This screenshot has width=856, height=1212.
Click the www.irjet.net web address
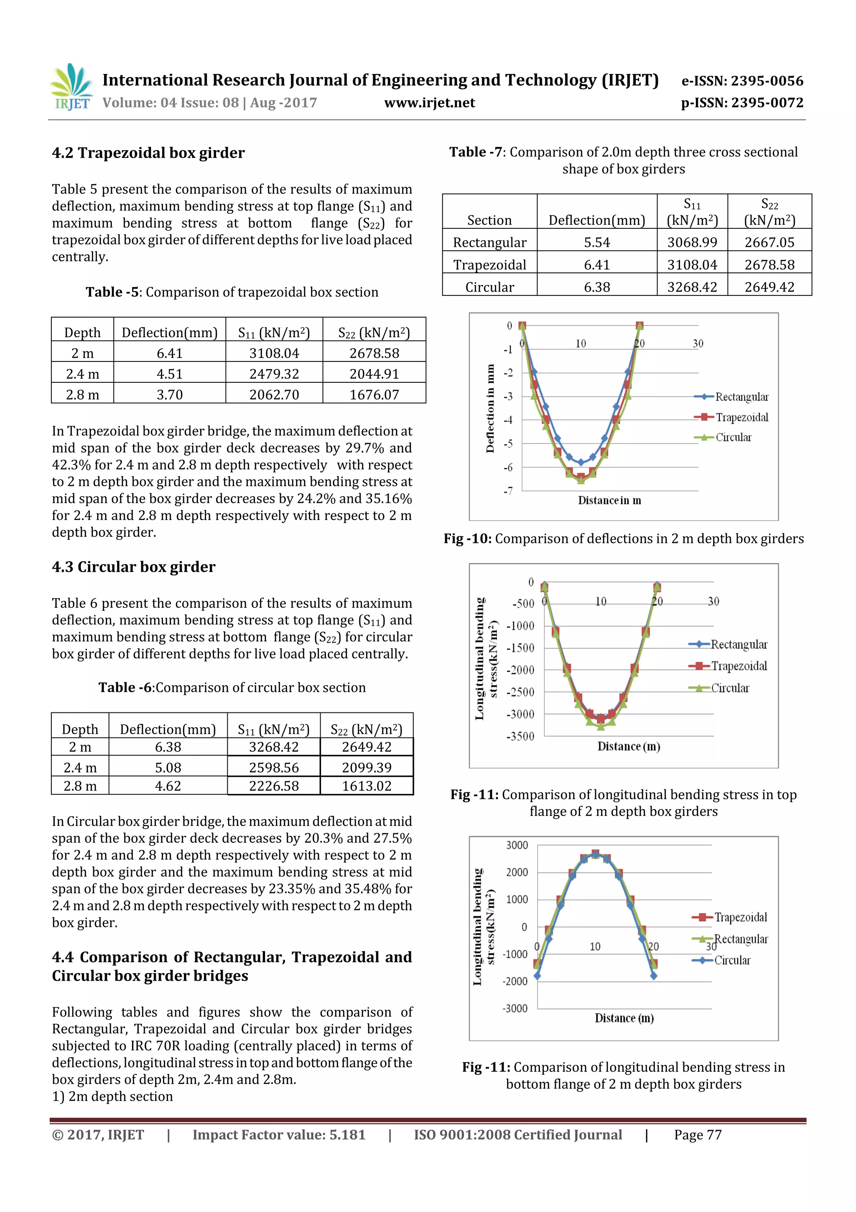(429, 103)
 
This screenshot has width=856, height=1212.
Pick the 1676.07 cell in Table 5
(374, 395)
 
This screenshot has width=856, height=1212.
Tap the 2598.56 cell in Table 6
(274, 768)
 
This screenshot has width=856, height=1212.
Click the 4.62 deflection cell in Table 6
(168, 786)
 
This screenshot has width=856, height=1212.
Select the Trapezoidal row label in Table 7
(489, 264)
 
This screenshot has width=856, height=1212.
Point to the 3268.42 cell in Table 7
(692, 287)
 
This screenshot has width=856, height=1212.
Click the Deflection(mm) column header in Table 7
(596, 220)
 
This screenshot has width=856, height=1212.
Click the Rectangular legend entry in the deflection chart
(741, 397)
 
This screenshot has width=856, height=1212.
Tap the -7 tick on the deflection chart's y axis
(507, 491)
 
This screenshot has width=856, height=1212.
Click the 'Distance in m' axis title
(609, 500)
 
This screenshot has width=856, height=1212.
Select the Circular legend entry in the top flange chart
(729, 688)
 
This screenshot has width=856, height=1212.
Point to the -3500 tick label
(520, 736)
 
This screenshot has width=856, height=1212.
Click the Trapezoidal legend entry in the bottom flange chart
(740, 917)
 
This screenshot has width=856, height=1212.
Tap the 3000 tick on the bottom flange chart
(517, 845)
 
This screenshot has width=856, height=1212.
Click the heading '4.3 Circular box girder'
(133, 567)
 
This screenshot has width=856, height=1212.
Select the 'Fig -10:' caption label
(467, 538)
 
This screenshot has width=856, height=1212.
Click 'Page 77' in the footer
(697, 1135)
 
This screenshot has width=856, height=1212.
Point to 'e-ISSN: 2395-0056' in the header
(742, 81)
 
